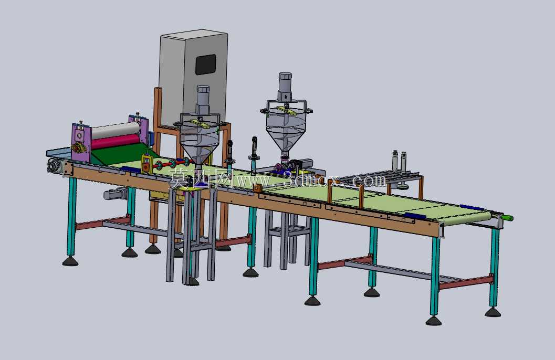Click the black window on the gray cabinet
coord(206,65)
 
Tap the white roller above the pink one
coord(116,130)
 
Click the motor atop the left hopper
coord(203,100)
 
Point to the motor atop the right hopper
coord(285,87)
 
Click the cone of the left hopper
coord(200,149)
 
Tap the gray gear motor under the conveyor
coord(116,194)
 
